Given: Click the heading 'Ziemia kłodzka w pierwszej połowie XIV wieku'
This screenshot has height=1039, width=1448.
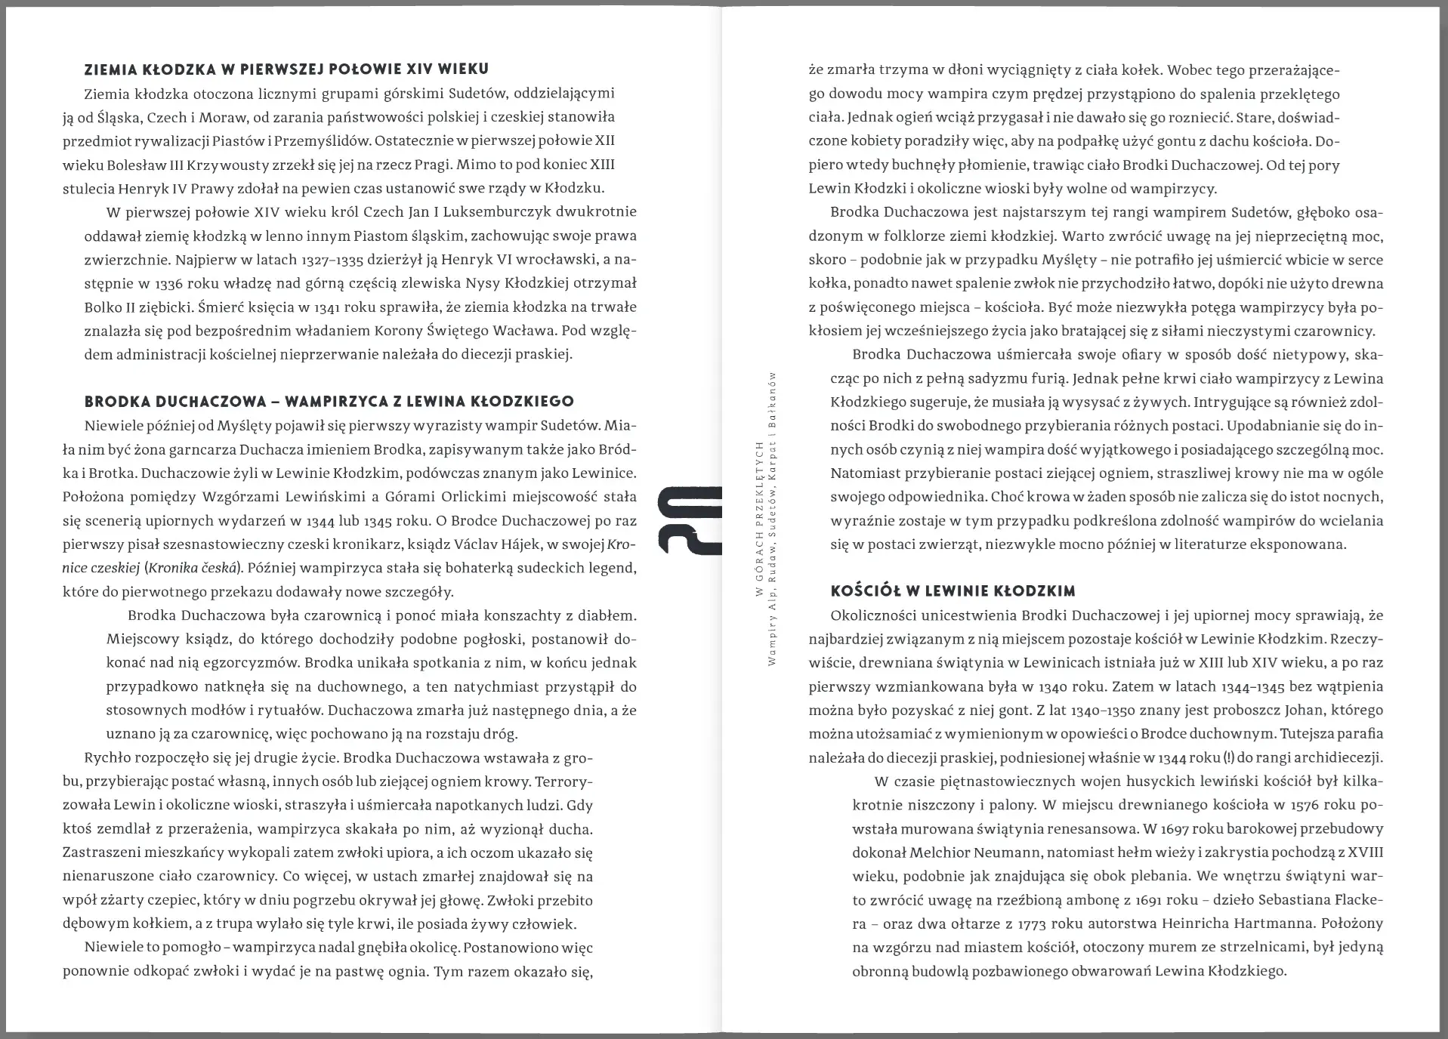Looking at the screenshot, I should click(286, 69).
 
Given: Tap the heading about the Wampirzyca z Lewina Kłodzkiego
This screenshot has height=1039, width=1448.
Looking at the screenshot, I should click(329, 401).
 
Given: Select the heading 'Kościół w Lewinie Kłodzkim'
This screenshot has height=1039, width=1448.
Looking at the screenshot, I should click(952, 590).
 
